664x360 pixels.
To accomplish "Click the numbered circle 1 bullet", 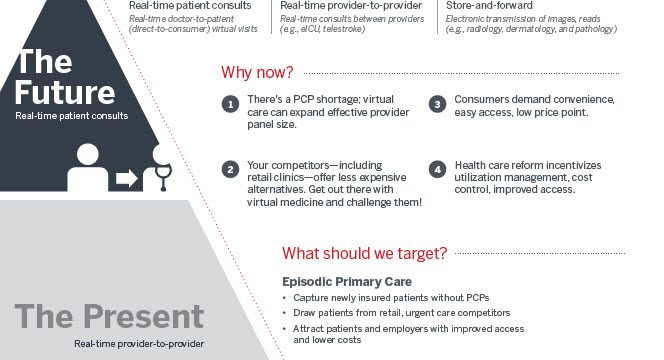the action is click(230, 104).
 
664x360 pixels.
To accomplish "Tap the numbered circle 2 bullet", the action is click(230, 170).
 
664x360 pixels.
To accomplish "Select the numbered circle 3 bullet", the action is click(437, 104).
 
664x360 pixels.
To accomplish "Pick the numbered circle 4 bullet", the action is click(437, 170).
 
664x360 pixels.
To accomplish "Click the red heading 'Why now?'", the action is click(257, 72).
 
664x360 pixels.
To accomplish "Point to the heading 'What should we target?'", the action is click(365, 253).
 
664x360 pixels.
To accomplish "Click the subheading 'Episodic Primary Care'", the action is click(347, 282).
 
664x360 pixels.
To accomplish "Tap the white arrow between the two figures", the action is click(127, 178).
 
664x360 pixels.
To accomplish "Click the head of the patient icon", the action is click(88, 154).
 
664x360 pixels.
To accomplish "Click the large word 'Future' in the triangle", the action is click(65, 92).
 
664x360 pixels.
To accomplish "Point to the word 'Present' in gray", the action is click(144, 316).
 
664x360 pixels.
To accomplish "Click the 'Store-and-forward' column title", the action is click(489, 6).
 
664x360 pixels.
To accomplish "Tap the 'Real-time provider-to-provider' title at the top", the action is click(351, 6).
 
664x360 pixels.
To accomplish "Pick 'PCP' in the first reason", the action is click(304, 99).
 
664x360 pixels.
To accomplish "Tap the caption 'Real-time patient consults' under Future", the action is click(72, 116).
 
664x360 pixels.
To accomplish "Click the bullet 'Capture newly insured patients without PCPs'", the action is click(391, 298).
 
